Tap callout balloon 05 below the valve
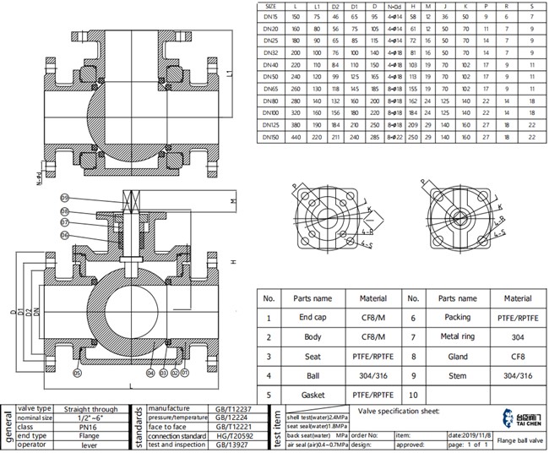pyautogui.click(x=78, y=372)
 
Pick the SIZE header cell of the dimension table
pyautogui.click(x=270, y=7)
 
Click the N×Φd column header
pyautogui.click(x=394, y=7)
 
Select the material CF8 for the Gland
pyautogui.click(x=517, y=356)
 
